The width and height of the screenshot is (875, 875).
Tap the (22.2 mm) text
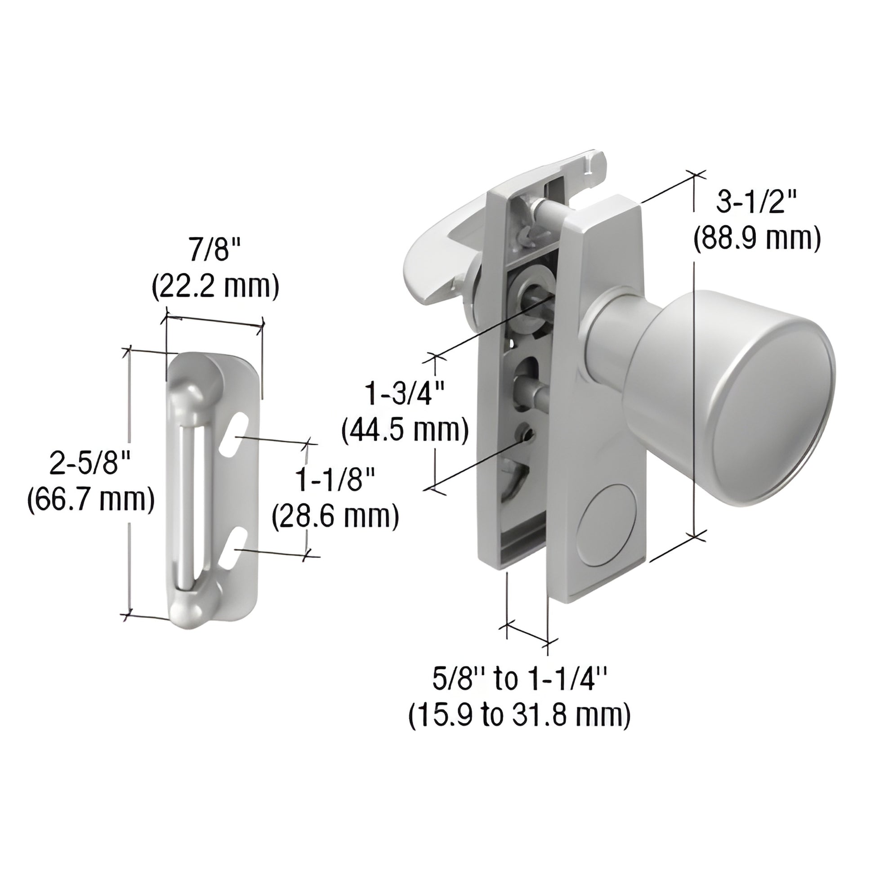215,288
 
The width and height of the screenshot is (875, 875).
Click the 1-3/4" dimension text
404,393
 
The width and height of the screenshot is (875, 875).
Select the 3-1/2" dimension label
756,202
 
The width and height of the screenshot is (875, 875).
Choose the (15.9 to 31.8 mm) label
519,717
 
